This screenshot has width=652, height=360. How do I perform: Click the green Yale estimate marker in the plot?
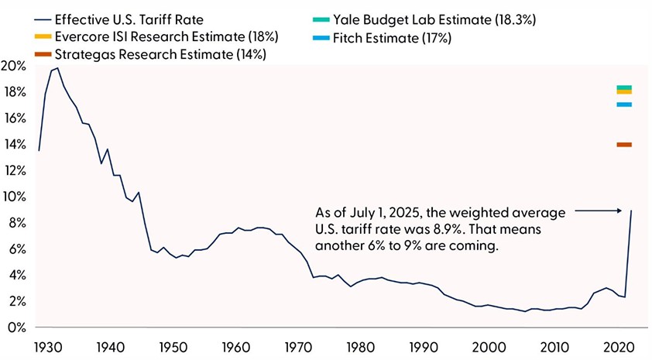tap(624, 87)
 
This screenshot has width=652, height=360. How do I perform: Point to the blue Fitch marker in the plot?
tap(624, 105)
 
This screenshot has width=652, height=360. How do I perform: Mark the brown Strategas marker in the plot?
tap(624, 145)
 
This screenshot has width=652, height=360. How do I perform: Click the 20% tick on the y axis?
tap(15, 66)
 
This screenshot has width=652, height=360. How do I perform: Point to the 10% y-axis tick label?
tap(15, 197)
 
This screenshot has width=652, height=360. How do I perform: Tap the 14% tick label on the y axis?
tap(15, 145)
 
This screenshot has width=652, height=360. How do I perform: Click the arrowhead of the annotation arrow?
tap(620, 211)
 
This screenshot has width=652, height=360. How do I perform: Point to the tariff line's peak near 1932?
tap(57, 68)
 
